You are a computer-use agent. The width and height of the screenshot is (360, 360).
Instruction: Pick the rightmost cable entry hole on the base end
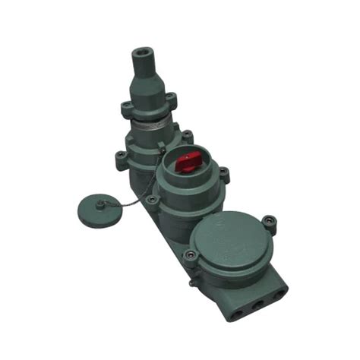279,294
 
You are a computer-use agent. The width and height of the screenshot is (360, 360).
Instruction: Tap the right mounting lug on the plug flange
172,97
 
